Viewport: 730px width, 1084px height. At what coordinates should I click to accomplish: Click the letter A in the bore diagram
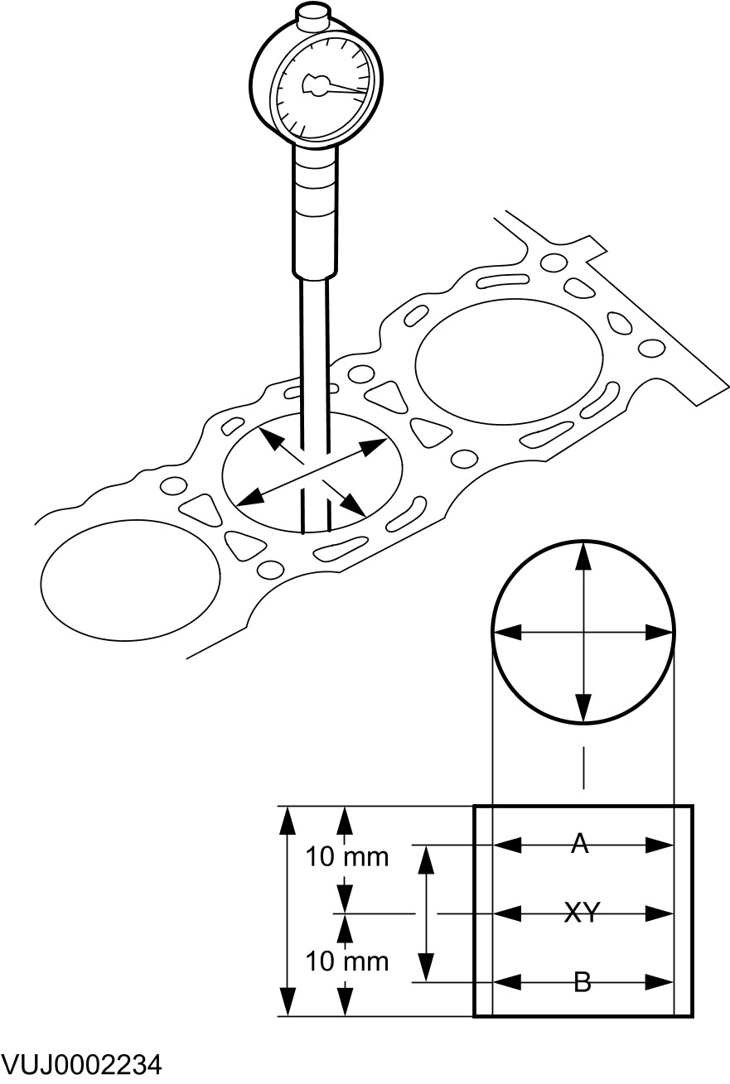pos(580,844)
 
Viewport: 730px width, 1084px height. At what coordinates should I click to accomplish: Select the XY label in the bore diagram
pos(582,913)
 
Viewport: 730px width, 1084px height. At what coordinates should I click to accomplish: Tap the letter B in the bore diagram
pos(582,983)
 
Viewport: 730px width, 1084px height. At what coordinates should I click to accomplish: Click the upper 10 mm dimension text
pos(347,856)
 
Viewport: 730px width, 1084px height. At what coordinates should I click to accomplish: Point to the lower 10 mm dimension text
pos(347,961)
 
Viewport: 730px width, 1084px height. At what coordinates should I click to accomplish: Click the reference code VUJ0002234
pos(81,1063)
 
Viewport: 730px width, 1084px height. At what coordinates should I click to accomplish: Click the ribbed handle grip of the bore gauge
pos(316,211)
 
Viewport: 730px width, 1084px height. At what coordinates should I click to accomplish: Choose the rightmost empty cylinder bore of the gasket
pos(509,359)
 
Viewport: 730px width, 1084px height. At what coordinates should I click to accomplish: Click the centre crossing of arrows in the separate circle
pos(584,634)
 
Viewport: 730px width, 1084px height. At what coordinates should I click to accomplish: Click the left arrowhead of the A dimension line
pos(505,846)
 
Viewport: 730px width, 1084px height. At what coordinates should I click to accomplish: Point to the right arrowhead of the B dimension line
pos(660,983)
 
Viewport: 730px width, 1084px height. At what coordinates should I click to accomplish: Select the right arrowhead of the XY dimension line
pos(660,914)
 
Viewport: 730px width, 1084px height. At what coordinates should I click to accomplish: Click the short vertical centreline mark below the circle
pos(584,767)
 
